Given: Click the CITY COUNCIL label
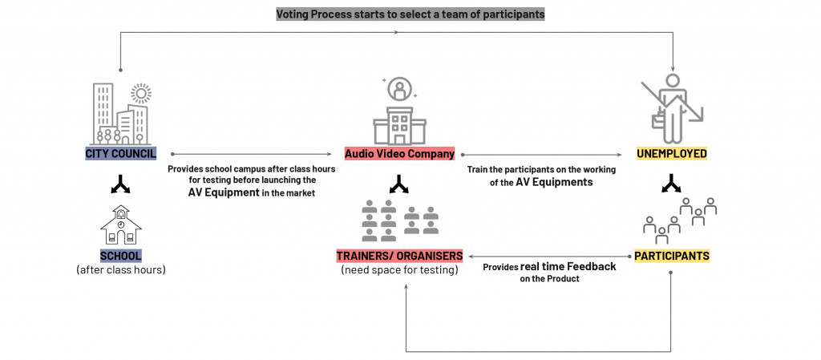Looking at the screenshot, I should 120,153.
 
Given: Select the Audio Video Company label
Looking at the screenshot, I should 399,153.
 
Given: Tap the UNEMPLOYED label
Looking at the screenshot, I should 671,153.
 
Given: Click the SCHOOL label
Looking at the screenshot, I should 120,256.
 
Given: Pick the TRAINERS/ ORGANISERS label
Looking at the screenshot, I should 399,256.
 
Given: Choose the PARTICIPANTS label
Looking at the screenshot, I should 671,256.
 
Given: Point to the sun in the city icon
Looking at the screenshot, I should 141,94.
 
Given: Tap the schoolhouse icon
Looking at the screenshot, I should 120,224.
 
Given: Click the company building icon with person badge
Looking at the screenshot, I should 398,112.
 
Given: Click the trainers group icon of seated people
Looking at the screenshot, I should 399,222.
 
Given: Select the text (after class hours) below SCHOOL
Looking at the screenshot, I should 120,270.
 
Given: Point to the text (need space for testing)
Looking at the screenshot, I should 399,270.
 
